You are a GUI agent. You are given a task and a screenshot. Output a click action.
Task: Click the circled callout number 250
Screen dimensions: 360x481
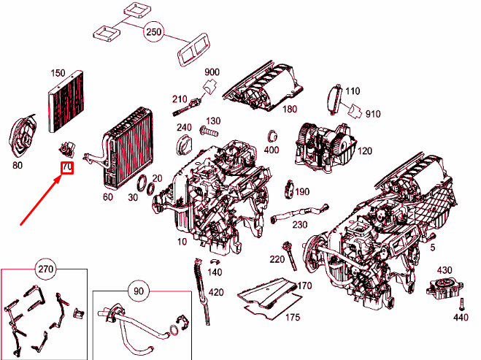tap(153, 33)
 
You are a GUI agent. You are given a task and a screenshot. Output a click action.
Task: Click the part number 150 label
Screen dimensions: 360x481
tap(58, 73)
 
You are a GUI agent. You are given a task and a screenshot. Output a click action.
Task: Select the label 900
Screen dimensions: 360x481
tap(212, 72)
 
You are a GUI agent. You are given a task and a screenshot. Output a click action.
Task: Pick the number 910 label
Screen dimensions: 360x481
tap(373, 115)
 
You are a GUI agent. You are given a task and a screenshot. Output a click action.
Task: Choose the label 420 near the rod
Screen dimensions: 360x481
tap(215, 293)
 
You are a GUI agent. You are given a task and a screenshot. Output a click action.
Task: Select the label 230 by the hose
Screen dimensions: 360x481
tap(300, 225)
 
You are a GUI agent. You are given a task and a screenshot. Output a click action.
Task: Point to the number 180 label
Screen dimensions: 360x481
tap(290, 110)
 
